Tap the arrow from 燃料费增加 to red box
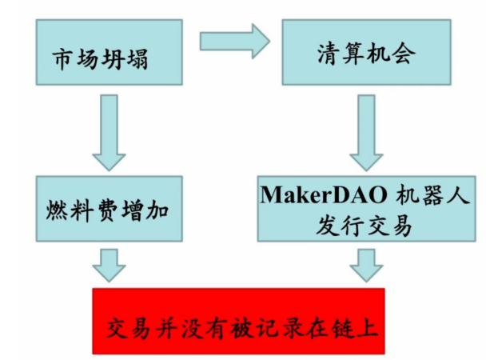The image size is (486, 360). [110, 264]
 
